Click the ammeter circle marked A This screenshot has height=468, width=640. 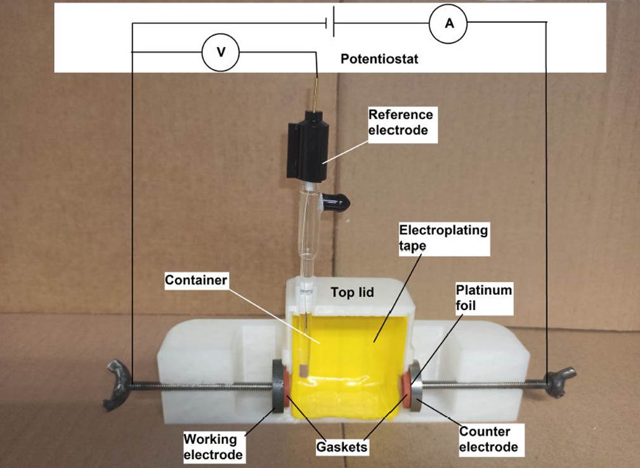coord(448,23)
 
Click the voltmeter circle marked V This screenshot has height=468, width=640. coord(220,52)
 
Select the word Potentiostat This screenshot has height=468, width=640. coord(379,59)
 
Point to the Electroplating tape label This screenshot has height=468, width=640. coord(443,238)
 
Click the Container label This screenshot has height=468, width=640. coord(196,280)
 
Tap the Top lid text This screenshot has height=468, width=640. coord(352,292)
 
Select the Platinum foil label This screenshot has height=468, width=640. coord(484,297)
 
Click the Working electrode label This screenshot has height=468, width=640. coord(213,446)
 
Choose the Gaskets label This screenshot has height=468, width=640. coord(342,447)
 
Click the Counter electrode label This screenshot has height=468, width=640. coord(489,439)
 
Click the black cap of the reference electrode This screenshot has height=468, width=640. coord(307,148)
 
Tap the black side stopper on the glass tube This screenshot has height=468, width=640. coord(337,201)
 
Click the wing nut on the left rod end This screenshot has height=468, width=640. coord(116,384)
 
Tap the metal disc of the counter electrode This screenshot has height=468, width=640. coord(416,386)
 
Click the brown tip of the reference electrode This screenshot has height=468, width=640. coord(303,370)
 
